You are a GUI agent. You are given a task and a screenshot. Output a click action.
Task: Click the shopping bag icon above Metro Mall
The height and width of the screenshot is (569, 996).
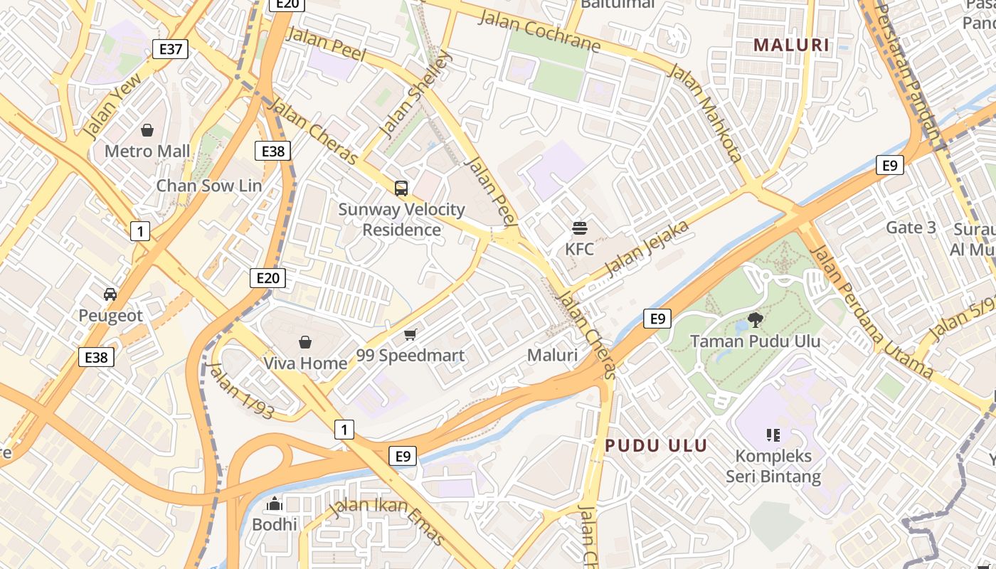[147, 130]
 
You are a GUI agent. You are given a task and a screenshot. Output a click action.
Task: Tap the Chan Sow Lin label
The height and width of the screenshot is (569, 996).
[209, 186]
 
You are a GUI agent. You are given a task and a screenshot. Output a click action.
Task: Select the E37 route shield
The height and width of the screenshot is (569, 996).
[171, 49]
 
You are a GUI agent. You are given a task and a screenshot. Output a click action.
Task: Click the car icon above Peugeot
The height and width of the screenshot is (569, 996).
[110, 294]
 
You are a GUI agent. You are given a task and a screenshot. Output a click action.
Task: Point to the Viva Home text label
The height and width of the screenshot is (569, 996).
[305, 363]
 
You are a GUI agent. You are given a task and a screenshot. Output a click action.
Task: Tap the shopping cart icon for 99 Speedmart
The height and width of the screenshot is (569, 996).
[410, 334]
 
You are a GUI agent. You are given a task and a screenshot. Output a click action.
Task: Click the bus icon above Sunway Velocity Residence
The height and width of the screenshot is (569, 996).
[401, 188]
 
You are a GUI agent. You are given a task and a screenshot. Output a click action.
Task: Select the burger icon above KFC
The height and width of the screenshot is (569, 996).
[580, 228]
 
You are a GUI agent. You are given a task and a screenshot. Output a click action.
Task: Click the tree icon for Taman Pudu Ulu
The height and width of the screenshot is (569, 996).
[755, 320]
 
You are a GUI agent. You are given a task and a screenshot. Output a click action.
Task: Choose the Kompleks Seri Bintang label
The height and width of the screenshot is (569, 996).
[773, 466]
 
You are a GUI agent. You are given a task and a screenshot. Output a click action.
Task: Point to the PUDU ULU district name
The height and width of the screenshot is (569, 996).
[656, 446]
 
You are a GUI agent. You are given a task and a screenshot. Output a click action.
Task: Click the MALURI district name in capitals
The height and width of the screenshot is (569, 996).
[791, 46]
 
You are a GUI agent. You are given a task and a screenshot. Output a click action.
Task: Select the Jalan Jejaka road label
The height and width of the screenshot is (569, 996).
[647, 249]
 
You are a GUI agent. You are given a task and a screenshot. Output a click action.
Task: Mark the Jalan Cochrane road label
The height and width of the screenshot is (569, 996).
[539, 30]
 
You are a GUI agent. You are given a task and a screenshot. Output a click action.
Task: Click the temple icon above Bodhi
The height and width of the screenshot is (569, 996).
[275, 504]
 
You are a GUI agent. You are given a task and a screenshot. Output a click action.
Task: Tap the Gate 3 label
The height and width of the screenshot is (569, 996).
[911, 228]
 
